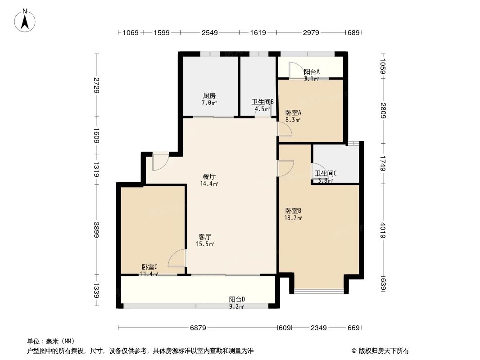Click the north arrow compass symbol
pyautogui.click(x=25, y=21)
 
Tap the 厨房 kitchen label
pyautogui.click(x=209, y=96)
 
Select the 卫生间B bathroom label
pyautogui.click(x=263, y=102)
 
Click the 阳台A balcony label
pyautogui.click(x=312, y=72)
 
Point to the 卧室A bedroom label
pyautogui.click(x=293, y=112)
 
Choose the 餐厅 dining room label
pyautogui.click(x=209, y=176)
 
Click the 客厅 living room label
pyautogui.click(x=205, y=237)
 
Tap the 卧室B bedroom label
pyautogui.click(x=293, y=211)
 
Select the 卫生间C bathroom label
pyautogui.click(x=326, y=173)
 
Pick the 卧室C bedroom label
pyautogui.click(x=149, y=267)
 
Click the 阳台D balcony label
pyautogui.click(x=237, y=299)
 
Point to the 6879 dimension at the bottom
pyautogui.click(x=198, y=328)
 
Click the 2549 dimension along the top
pyautogui.click(x=210, y=32)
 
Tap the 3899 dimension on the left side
pyautogui.click(x=97, y=229)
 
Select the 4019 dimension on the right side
pyautogui.click(x=383, y=230)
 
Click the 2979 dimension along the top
pyautogui.click(x=311, y=32)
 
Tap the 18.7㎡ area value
pyautogui.click(x=294, y=218)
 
